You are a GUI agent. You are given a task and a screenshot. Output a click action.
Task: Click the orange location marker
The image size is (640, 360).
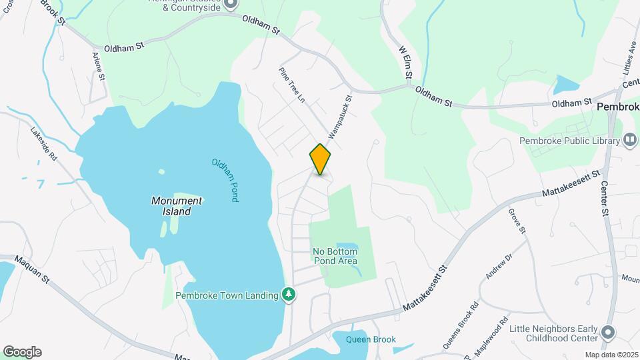pyautogui.click(x=320, y=159)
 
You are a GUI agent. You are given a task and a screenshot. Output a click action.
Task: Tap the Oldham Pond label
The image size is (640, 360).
pyautogui.click(x=224, y=181)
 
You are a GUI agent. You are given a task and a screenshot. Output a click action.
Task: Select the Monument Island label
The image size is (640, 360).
pyautogui.click(x=177, y=205)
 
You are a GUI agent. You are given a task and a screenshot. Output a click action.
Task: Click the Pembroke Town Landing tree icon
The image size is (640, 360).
pyautogui.click(x=289, y=294)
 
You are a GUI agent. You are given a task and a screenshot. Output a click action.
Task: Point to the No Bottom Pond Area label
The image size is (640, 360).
pyautogui.click(x=335, y=256)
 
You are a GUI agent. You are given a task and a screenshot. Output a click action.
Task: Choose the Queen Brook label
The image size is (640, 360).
pyautogui.click(x=371, y=339)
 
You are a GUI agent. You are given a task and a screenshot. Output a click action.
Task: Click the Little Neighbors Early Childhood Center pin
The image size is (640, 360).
pyautogui.click(x=607, y=332)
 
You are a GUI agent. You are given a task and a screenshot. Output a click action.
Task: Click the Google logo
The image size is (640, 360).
pyautogui.click(x=22, y=352)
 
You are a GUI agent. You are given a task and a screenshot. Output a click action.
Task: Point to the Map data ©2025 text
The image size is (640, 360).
pyautogui.click(x=611, y=355)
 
